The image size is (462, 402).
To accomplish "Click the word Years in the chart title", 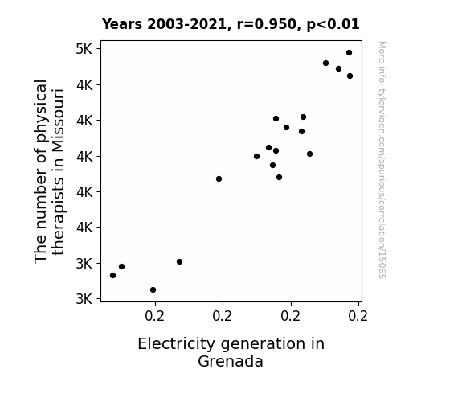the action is [122, 24].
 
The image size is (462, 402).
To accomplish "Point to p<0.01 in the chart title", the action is [333, 24].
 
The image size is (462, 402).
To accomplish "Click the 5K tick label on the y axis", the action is [84, 49].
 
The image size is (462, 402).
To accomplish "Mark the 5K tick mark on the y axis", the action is [99, 49].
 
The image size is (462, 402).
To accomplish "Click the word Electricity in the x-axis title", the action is [176, 344].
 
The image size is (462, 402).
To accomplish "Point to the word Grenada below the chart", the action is [231, 361].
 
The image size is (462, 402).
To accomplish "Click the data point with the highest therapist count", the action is [350, 53].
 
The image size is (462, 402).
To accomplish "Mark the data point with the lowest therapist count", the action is [153, 290].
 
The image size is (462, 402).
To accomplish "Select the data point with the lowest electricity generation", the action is [112, 276].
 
